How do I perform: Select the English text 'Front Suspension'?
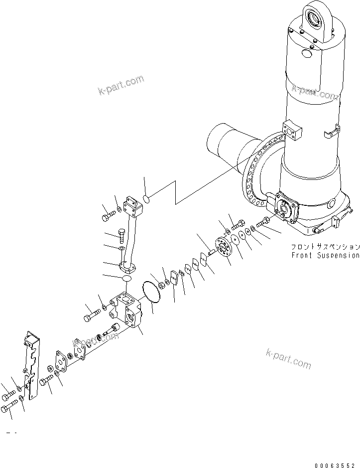[325, 255]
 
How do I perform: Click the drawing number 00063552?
[336, 464]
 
